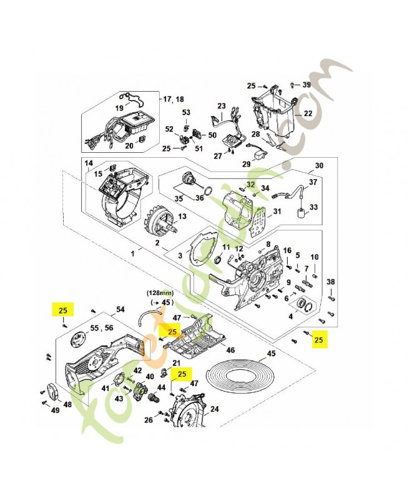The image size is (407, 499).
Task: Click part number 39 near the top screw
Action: [306, 85]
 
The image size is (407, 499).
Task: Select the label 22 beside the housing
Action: [307, 114]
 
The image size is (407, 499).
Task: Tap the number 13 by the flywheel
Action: [183, 216]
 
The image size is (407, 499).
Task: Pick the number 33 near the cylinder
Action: [313, 206]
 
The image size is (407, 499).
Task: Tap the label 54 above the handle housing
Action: [120, 309]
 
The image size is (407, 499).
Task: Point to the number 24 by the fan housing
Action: [214, 410]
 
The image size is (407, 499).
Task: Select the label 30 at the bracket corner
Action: [319, 166]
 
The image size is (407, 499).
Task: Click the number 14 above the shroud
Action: [89, 163]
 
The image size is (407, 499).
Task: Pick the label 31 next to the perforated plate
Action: [277, 211]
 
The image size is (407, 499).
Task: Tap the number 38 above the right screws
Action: [331, 282]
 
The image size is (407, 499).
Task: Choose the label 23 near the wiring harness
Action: [221, 107]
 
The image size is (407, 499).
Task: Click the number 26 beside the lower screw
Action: [149, 420]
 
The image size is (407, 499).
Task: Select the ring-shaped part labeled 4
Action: [305, 305]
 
